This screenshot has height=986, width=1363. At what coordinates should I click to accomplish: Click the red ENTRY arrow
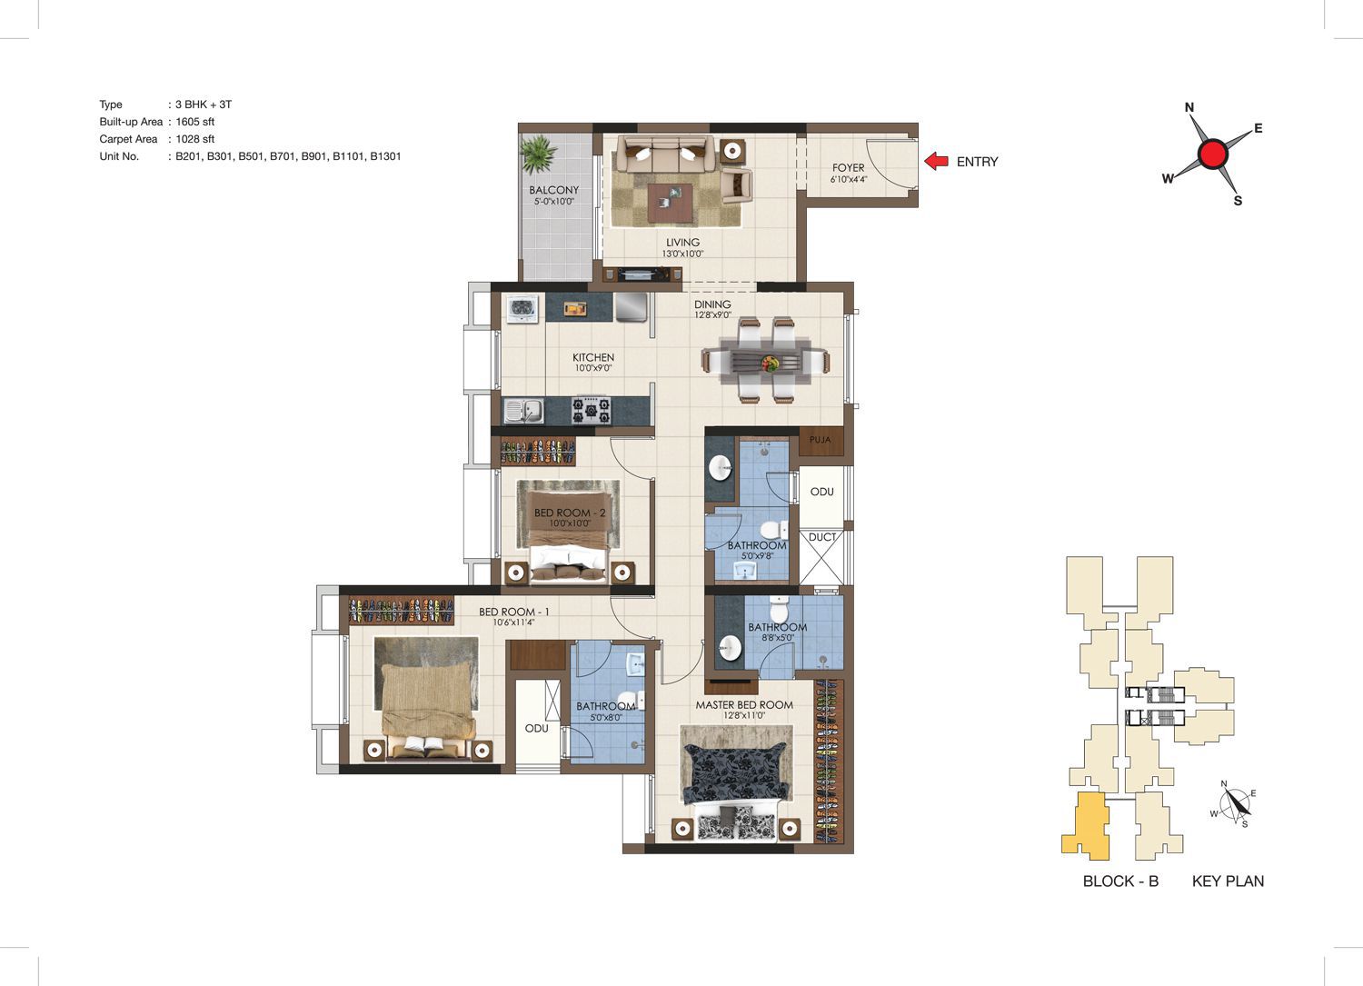coord(937,161)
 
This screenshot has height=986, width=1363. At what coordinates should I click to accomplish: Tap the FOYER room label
coord(848,167)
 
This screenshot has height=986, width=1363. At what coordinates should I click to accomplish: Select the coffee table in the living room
coord(670,203)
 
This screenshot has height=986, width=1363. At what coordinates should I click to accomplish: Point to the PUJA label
coord(820,440)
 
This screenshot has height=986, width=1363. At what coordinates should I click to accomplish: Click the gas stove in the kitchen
coord(591,410)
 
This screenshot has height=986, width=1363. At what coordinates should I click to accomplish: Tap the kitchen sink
coord(524,410)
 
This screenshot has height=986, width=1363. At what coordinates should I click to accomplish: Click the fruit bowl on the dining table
coord(769,364)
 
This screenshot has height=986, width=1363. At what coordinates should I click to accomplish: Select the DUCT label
coord(822,537)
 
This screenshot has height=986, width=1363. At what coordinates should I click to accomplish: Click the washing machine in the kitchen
coord(522,308)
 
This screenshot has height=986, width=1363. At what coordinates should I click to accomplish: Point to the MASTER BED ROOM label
coord(744,705)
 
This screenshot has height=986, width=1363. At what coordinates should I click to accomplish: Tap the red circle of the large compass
coord(1213,154)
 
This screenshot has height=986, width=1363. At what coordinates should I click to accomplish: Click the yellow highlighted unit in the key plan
coord(1086,827)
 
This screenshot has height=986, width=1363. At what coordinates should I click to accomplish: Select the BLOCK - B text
coord(1120,881)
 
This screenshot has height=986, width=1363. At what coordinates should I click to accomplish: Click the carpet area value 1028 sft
coord(194,139)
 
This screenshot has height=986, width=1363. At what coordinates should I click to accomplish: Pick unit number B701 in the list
coord(283,156)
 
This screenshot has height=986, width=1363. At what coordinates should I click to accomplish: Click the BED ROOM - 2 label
coord(570,513)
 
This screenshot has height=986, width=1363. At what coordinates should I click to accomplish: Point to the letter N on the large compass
coord(1189,108)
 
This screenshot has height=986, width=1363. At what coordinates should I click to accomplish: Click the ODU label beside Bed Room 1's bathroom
coord(537,728)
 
